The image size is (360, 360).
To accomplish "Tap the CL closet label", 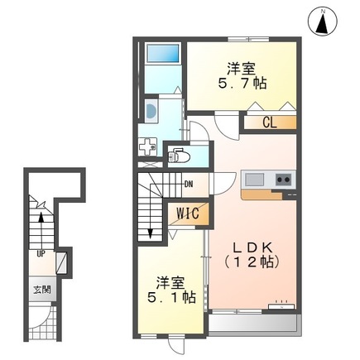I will [x=269, y=123].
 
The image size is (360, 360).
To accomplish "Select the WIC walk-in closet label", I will [x=185, y=213].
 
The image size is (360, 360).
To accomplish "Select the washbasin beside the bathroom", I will [x=151, y=111].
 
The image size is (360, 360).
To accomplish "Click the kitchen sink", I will [x=253, y=180].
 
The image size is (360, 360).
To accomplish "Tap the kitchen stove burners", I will [x=283, y=180].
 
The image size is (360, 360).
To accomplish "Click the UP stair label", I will [x=40, y=254].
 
